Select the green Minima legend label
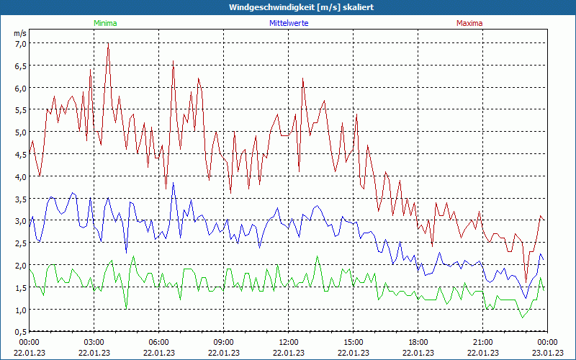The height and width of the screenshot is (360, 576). [x=104, y=23]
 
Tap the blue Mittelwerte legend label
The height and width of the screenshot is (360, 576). [x=288, y=23]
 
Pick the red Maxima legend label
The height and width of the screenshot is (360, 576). [x=469, y=23]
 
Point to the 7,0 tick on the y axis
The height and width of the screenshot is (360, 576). [x=20, y=43]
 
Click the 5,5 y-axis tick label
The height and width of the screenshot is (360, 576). [x=20, y=110]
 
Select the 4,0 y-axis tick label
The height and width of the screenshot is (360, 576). [x=20, y=176]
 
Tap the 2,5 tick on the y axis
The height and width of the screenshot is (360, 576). [x=20, y=243]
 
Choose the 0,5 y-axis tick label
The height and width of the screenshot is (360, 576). [x=20, y=332]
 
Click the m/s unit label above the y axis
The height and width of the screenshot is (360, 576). [x=20, y=33]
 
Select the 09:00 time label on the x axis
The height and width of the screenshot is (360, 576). [x=224, y=342]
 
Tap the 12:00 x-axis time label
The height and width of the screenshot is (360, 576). [x=289, y=342]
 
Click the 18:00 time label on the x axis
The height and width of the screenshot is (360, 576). [x=418, y=342]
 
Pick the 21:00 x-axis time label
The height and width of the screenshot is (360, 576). [x=483, y=342]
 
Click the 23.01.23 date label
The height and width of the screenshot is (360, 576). [x=547, y=353]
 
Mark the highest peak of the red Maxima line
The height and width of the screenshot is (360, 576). [x=108, y=43]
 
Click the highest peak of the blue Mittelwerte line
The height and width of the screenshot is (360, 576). [x=173, y=183]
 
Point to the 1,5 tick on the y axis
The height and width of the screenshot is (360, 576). [x=20, y=287]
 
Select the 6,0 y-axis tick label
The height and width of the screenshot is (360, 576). [x=20, y=88]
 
